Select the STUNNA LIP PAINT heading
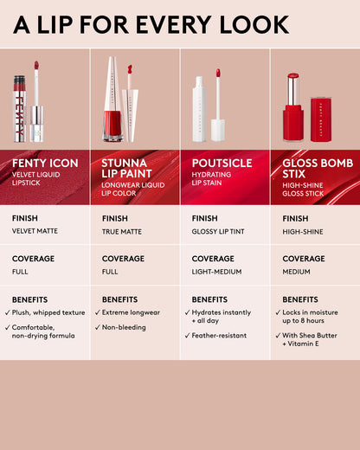130,166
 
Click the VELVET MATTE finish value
35,231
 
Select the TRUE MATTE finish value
123,231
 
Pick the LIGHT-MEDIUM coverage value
217,271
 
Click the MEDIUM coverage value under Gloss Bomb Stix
297,271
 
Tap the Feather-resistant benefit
222,335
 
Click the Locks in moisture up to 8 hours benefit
313,317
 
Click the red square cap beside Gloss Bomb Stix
321,120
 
